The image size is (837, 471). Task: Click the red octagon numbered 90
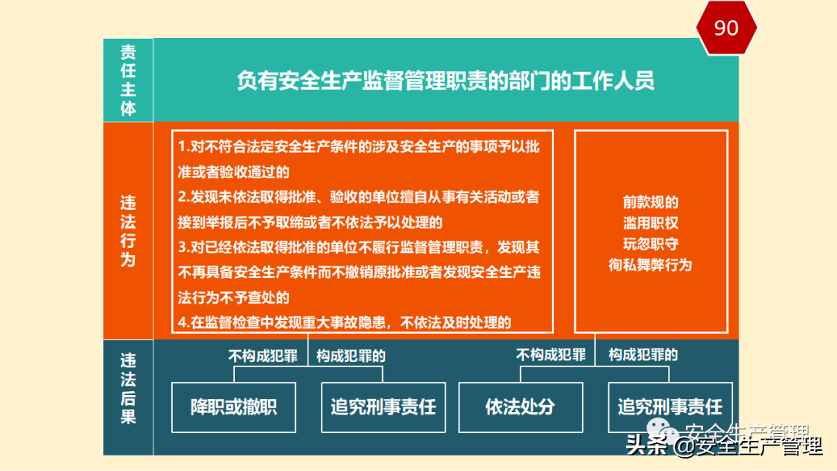click(x=725, y=28)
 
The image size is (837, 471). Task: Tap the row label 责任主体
click(x=128, y=80)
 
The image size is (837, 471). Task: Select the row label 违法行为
click(x=128, y=231)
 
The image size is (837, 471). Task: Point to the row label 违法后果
click(x=128, y=389)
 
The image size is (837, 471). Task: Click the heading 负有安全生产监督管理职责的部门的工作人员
click(x=446, y=81)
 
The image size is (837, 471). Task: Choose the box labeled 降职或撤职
click(x=233, y=407)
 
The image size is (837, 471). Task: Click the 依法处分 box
click(x=520, y=407)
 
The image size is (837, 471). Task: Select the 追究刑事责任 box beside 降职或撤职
click(x=383, y=407)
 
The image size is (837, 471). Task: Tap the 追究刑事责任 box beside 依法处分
click(x=670, y=407)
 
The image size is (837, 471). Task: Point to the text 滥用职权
click(x=650, y=223)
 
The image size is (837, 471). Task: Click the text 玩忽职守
click(x=650, y=244)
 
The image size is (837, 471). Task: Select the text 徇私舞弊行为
click(x=650, y=265)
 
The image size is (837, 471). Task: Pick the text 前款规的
click(x=650, y=202)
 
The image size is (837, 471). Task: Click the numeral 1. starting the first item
click(x=184, y=147)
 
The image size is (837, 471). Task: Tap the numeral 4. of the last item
click(x=184, y=324)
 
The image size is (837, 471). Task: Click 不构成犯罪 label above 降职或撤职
click(x=263, y=356)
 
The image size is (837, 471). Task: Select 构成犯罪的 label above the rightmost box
click(x=643, y=355)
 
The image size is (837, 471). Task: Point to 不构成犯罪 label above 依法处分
click(x=551, y=355)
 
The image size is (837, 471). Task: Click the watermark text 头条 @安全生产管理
click(x=724, y=447)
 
